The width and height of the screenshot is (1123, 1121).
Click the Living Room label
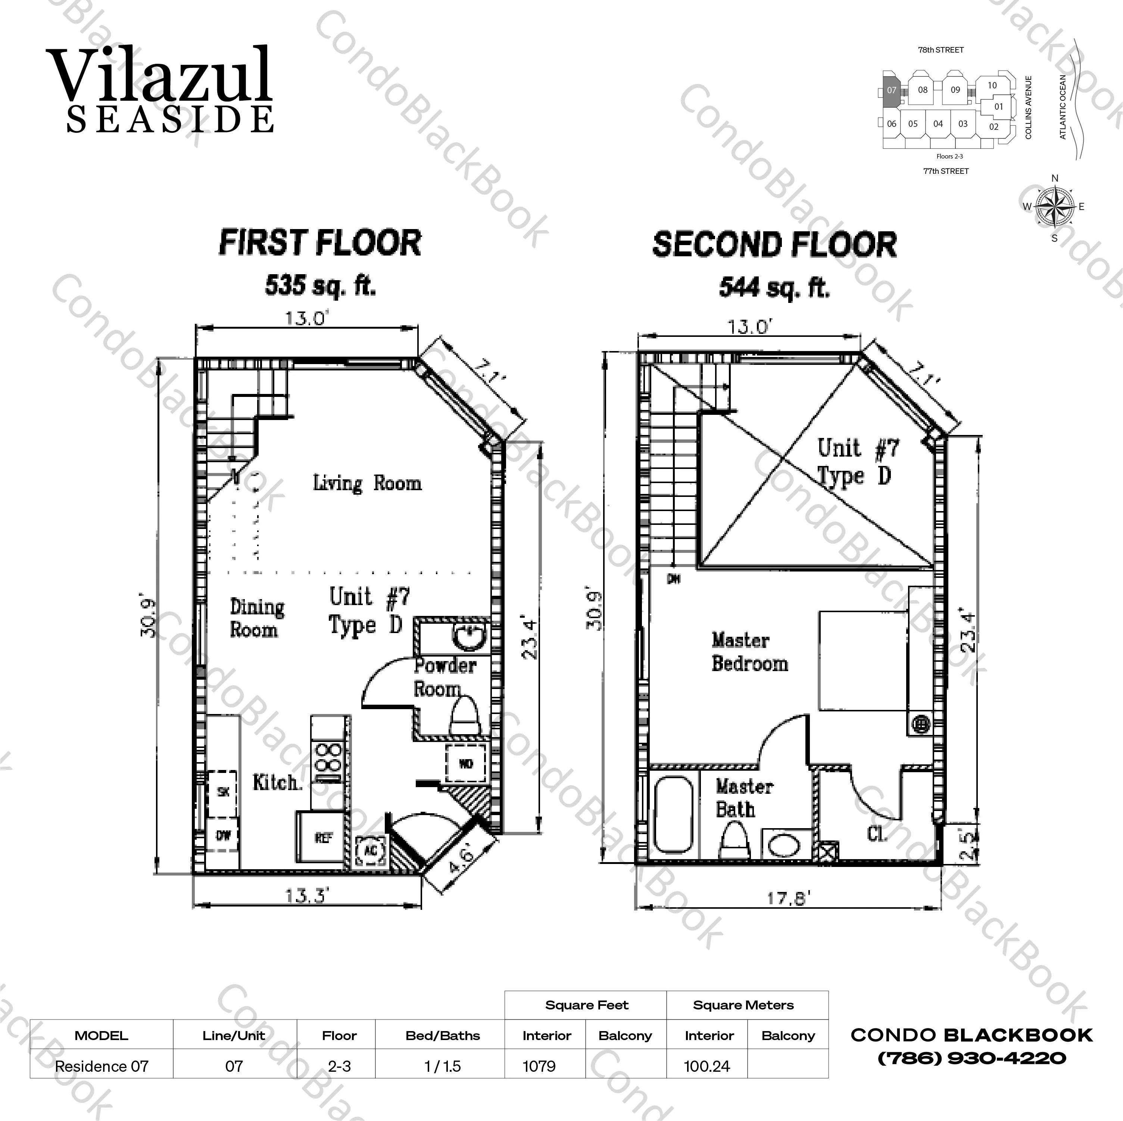(x=367, y=483)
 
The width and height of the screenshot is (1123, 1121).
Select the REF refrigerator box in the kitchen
(x=323, y=837)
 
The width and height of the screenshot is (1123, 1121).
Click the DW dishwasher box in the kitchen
(x=223, y=835)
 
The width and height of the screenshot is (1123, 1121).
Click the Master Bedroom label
(x=749, y=652)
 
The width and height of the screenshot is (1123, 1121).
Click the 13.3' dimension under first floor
(x=307, y=896)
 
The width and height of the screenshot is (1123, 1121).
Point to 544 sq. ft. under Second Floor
(x=774, y=288)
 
